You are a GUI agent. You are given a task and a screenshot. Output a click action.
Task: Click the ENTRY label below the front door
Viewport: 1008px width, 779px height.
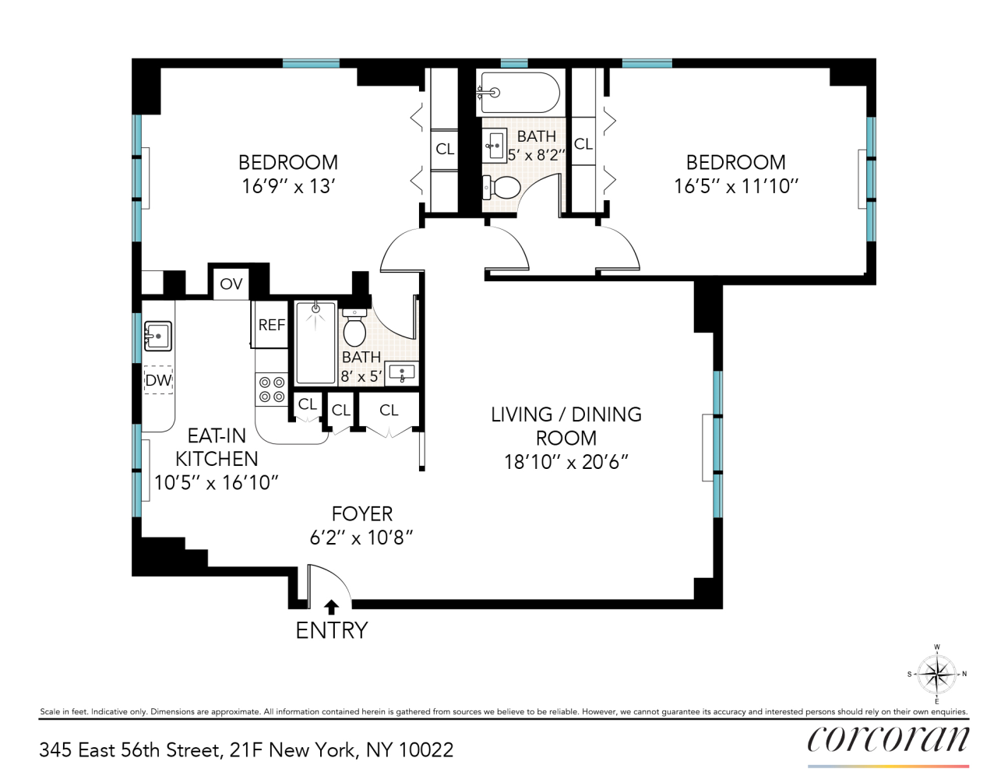(331, 630)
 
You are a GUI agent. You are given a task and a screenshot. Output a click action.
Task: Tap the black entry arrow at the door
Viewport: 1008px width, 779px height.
(331, 607)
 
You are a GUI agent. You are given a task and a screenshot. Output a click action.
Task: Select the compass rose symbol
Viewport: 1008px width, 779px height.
(936, 674)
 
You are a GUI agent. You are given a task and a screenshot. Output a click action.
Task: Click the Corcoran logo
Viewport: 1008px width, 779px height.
(888, 739)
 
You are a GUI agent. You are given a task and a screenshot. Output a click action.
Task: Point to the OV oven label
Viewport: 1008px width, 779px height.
(231, 284)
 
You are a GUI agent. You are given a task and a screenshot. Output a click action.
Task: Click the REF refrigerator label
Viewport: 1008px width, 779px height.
(271, 325)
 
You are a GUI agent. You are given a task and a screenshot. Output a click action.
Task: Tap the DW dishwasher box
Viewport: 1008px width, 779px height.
(158, 380)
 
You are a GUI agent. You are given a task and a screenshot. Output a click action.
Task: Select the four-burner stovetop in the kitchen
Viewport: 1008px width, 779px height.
(271, 389)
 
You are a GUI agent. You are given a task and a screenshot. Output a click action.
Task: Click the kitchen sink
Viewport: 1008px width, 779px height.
(157, 337)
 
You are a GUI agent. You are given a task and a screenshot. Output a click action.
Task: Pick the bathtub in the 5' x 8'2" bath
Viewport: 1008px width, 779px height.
(519, 93)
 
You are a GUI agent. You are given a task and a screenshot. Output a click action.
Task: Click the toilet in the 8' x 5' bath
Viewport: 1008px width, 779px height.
(354, 328)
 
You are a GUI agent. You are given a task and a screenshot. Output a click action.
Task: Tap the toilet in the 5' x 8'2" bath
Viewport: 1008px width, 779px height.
(502, 188)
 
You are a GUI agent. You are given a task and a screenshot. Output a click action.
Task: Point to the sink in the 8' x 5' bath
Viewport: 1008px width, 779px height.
(402, 373)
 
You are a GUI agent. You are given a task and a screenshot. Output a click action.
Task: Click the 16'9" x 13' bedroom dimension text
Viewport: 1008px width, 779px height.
(288, 186)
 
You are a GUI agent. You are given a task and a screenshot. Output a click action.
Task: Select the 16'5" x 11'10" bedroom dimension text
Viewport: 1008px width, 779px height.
(736, 186)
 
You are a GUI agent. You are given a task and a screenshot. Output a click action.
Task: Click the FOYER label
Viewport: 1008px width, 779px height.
(361, 514)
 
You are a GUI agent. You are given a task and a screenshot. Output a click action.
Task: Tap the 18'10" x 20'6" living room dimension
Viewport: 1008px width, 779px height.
(566, 462)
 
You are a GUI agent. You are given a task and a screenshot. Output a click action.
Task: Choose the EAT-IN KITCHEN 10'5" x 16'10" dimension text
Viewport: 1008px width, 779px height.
(216, 483)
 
